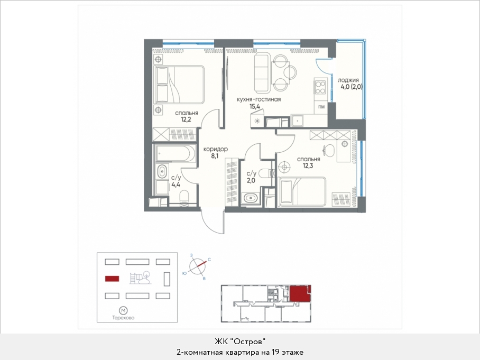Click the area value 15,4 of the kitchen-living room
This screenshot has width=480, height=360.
[x=255, y=107]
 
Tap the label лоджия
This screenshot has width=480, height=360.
[x=348, y=80]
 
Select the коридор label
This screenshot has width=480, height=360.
[x=216, y=149]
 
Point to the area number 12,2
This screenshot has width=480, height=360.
[x=186, y=119]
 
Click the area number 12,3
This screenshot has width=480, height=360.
[x=308, y=166]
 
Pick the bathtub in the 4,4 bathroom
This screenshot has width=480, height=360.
[x=175, y=153]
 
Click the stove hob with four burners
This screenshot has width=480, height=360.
[x=320, y=87]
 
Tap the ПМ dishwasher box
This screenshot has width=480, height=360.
[x=321, y=107]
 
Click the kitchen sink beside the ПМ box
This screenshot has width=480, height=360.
[x=297, y=121]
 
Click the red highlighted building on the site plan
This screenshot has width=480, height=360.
[x=112, y=279]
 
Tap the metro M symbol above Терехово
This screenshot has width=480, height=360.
[x=123, y=311]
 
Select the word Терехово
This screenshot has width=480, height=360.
[x=123, y=318]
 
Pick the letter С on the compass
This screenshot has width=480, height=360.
[x=209, y=260]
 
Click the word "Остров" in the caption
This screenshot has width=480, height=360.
[x=247, y=341]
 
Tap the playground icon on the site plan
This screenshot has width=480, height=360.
[x=140, y=278]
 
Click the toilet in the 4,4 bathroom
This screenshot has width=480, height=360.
[x=184, y=198]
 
